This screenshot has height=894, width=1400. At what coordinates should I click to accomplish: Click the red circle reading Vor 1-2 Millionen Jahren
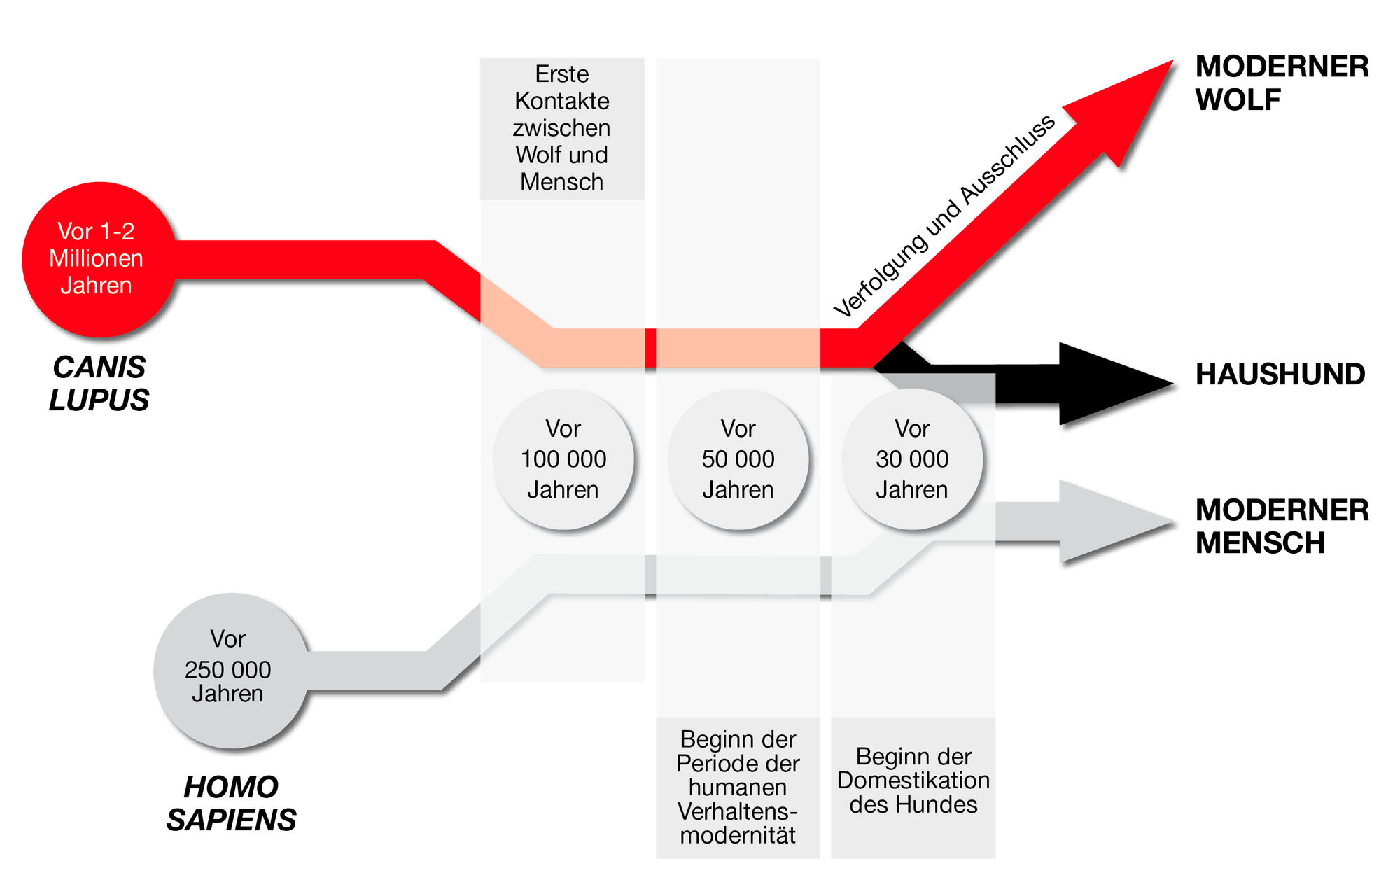coord(98,259)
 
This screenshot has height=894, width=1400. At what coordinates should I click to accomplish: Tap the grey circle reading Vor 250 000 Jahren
coord(230,670)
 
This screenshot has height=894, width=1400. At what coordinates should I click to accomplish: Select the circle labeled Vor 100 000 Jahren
coord(563,459)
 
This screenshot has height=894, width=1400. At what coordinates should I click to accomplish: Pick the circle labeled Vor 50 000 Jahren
coord(738,459)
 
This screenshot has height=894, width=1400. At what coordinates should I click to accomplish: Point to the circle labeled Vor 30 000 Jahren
coord(912,459)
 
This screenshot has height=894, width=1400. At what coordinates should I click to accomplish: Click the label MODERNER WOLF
coord(1281,83)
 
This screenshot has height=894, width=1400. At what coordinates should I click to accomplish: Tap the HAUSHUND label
coord(1280,375)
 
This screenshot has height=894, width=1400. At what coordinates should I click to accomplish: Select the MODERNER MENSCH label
coord(1281,526)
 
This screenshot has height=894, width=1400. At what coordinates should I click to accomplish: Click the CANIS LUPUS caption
coord(99,383)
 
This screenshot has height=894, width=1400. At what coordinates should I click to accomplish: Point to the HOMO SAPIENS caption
coord(231,803)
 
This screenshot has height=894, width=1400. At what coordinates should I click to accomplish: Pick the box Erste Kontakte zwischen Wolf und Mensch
coord(561,128)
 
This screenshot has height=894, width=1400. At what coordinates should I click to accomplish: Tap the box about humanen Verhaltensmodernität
coord(738,787)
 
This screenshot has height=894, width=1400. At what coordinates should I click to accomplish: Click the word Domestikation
coord(913,780)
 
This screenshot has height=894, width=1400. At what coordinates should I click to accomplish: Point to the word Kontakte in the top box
coord(561,101)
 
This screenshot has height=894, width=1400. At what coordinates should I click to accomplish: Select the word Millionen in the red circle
coord(96,258)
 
